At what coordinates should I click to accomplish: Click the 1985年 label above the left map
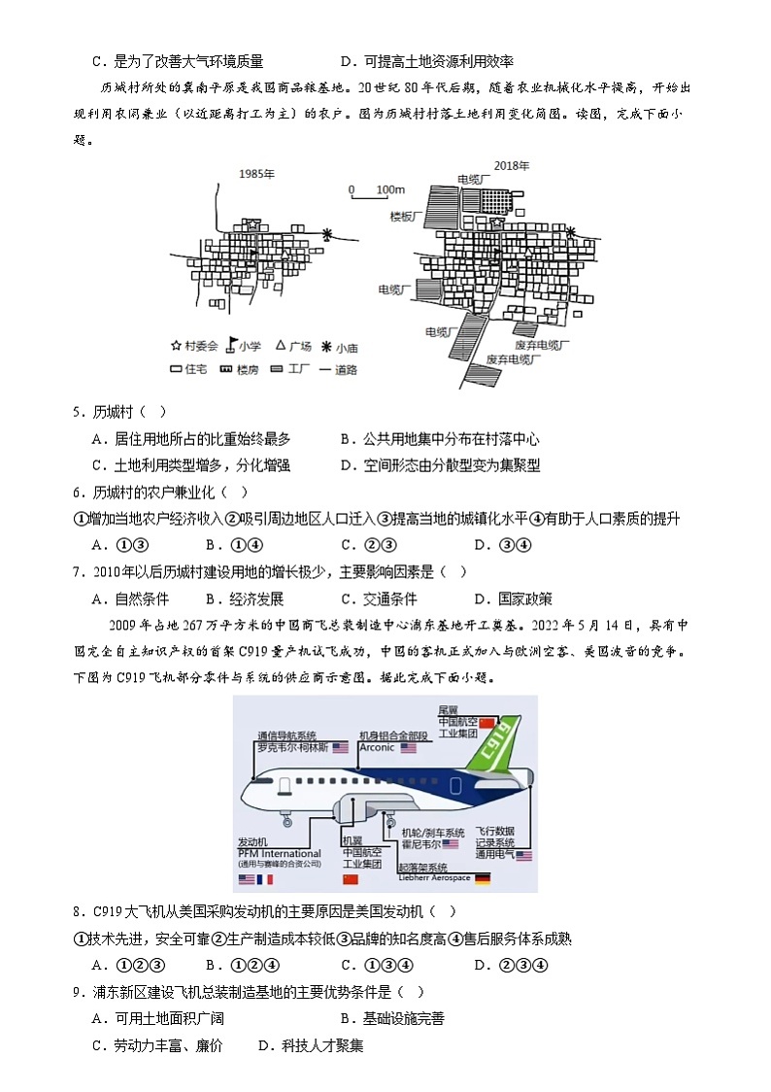257,174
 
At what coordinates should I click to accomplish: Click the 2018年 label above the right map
511,166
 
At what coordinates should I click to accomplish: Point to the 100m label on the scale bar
389,188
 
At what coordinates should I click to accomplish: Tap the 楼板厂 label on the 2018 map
406,217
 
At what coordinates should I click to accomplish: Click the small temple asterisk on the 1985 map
327,235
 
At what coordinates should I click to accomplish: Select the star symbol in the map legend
176,346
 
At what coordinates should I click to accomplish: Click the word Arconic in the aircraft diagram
377,748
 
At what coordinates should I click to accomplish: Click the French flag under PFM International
265,879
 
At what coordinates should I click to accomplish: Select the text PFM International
279,854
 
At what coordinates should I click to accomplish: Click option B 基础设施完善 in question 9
392,1018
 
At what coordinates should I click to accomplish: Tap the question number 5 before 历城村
77,412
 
